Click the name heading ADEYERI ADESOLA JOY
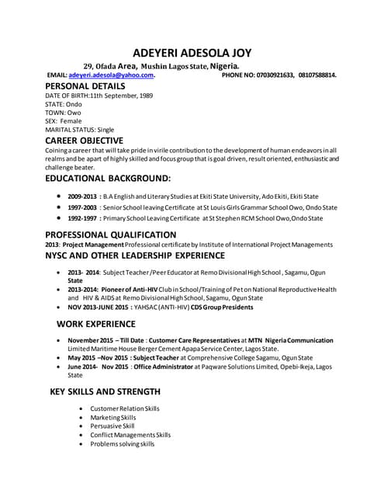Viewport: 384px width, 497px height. pyautogui.click(x=192, y=53)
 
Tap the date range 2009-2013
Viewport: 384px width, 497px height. pyautogui.click(x=83, y=196)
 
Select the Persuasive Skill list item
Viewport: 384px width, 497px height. pyautogui.click(x=112, y=426)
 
